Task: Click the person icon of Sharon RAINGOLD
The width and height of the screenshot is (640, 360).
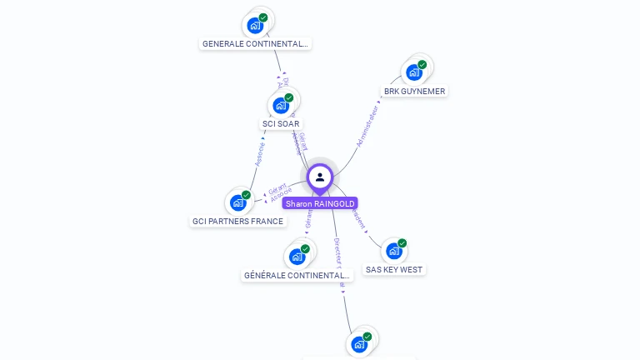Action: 320,177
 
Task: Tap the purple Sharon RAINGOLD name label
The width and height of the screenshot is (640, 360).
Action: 320,203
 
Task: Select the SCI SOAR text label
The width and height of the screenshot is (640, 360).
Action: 281,124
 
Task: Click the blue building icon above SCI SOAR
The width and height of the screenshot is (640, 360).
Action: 281,106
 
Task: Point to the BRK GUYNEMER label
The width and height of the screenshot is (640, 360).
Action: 414,92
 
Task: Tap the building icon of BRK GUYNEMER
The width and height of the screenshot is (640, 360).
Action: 414,72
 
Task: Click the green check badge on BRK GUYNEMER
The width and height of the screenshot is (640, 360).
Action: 422,64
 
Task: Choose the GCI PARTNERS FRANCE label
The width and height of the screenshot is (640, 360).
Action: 237,222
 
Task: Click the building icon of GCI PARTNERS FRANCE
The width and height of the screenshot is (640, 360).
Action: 238,202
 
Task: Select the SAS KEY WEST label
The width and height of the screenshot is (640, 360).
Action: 394,270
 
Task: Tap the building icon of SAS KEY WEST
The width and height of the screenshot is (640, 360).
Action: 394,251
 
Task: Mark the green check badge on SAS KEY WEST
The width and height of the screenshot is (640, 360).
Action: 402,243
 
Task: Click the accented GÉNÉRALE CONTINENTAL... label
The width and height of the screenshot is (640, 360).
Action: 297,275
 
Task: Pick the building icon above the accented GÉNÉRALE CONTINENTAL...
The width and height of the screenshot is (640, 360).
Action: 297,257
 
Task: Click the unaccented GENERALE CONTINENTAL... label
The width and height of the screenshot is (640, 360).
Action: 255,44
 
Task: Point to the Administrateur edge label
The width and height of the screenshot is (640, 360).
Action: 367,126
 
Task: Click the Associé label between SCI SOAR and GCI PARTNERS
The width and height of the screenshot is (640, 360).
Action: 260,152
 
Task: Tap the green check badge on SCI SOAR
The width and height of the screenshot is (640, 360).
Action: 289,97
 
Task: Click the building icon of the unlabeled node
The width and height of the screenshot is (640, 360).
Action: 359,344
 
